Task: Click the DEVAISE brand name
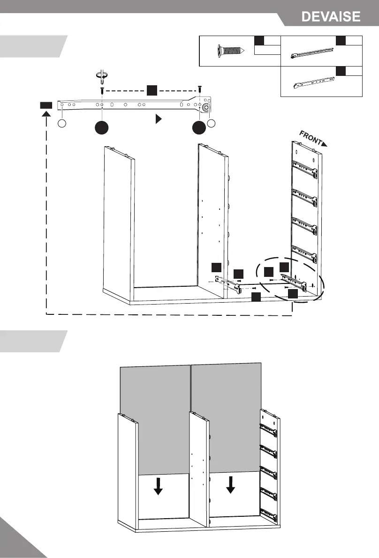click(331, 17)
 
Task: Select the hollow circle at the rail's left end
click(62, 123)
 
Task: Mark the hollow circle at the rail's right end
click(212, 123)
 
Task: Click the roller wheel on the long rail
click(205, 107)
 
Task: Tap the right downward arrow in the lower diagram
click(230, 484)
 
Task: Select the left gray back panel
click(155, 412)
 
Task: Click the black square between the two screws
click(151, 89)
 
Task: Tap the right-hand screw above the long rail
click(200, 88)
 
